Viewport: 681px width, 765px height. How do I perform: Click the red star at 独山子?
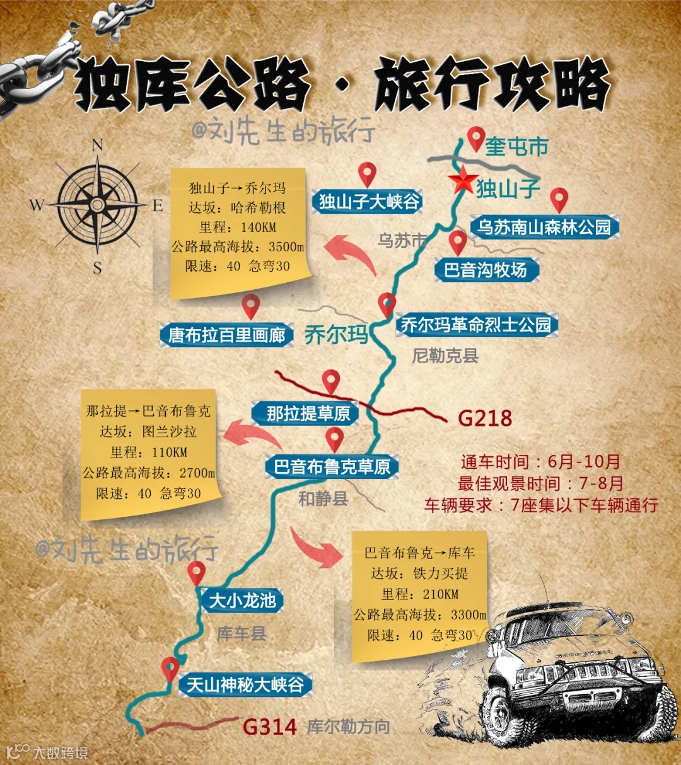tap(463, 181)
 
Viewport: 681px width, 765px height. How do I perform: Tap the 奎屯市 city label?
tap(516, 147)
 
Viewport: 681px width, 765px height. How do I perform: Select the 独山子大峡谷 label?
tap(368, 202)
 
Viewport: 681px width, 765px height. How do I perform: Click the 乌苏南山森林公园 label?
tap(544, 227)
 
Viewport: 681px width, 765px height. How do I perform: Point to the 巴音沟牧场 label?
tap(486, 270)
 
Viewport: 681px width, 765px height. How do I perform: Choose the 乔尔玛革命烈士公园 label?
tap(476, 325)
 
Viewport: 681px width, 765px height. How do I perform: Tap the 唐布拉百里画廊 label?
tap(226, 335)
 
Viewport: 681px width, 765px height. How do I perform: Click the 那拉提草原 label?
tap(307, 413)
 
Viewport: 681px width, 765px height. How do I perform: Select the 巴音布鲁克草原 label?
tap(332, 467)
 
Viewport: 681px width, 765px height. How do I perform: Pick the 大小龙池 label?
tap(242, 601)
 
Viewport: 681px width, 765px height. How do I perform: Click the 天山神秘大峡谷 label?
tap(245, 684)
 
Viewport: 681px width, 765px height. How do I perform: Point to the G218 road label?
tap(485, 418)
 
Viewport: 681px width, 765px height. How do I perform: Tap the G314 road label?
tap(269, 727)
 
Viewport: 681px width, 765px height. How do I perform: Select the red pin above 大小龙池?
tap(197, 573)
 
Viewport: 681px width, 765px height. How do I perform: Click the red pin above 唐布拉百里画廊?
tap(251, 306)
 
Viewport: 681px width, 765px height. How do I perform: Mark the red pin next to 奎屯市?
tap(476, 138)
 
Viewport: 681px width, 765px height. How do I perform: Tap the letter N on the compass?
tap(97, 146)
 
